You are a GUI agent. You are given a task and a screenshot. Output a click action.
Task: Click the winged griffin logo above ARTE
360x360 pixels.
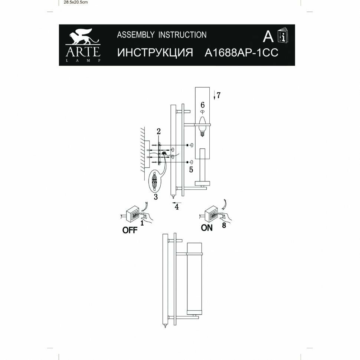83,36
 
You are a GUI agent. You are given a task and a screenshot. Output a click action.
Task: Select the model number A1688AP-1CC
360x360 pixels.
242,52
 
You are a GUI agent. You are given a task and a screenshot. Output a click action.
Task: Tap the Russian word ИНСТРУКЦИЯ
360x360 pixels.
155,52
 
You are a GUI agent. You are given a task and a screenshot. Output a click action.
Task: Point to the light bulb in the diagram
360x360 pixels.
202,126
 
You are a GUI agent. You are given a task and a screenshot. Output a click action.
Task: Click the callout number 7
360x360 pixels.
219,95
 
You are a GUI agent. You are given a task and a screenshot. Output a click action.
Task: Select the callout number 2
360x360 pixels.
158,131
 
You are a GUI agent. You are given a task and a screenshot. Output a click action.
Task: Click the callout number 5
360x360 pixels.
191,170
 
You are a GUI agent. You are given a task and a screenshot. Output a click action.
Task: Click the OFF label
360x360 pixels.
130,230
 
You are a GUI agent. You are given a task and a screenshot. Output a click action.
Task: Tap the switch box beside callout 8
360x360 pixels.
211,213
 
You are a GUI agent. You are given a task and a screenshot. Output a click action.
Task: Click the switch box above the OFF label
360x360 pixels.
132,215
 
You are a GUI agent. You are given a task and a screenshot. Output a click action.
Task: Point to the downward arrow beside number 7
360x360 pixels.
214,95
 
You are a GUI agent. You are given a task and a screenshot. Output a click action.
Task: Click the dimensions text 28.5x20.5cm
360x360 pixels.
75,2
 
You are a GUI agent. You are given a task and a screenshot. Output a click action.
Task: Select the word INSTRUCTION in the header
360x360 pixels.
182,35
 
